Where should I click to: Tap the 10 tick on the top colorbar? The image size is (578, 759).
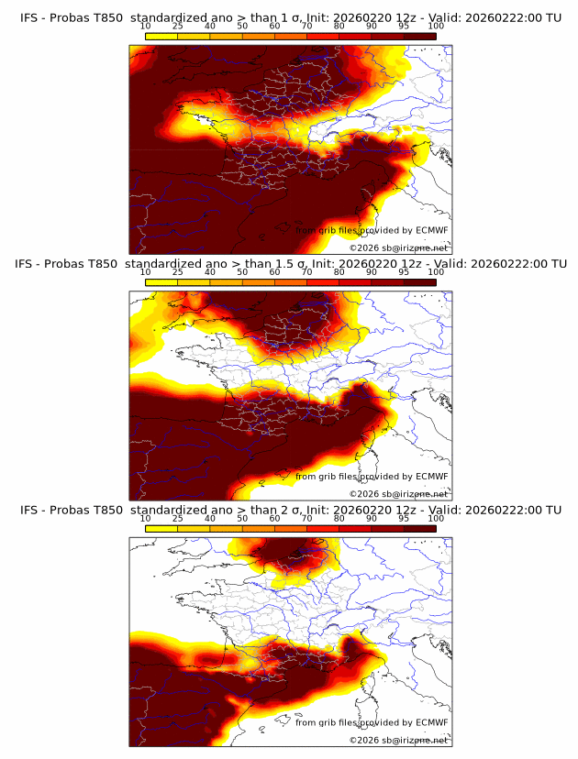[146, 27]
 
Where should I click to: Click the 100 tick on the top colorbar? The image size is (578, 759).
[436, 27]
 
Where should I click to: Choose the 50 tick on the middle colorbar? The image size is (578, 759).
[242, 272]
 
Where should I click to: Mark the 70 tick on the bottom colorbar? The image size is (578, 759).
[306, 519]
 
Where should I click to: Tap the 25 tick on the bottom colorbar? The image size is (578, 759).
[178, 519]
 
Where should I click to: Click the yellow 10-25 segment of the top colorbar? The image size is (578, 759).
[161, 36]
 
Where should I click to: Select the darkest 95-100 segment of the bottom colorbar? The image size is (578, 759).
[419, 528]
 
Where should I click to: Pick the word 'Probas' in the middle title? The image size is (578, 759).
[75, 263]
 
